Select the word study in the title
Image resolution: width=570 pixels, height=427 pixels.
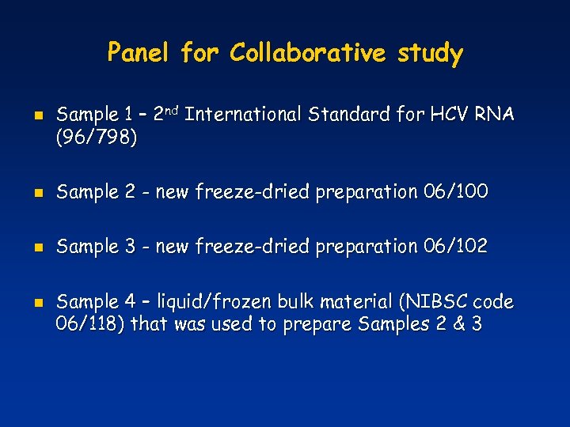click(x=431, y=54)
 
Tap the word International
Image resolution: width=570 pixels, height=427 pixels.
click(x=246, y=115)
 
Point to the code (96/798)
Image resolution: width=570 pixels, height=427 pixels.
click(x=97, y=138)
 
